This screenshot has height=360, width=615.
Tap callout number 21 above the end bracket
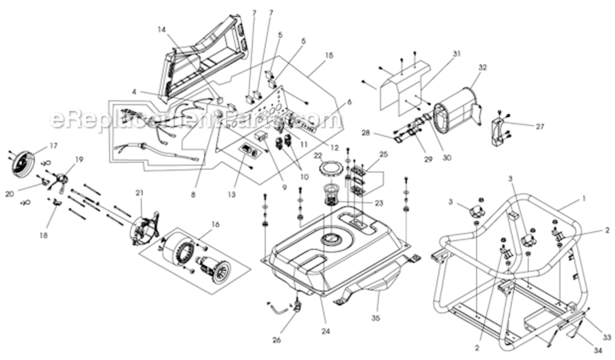139,193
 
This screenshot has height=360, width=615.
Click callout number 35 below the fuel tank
375,318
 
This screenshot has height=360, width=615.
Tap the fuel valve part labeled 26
297,304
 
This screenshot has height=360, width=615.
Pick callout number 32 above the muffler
482,68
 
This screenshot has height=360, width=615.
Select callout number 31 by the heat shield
456,54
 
